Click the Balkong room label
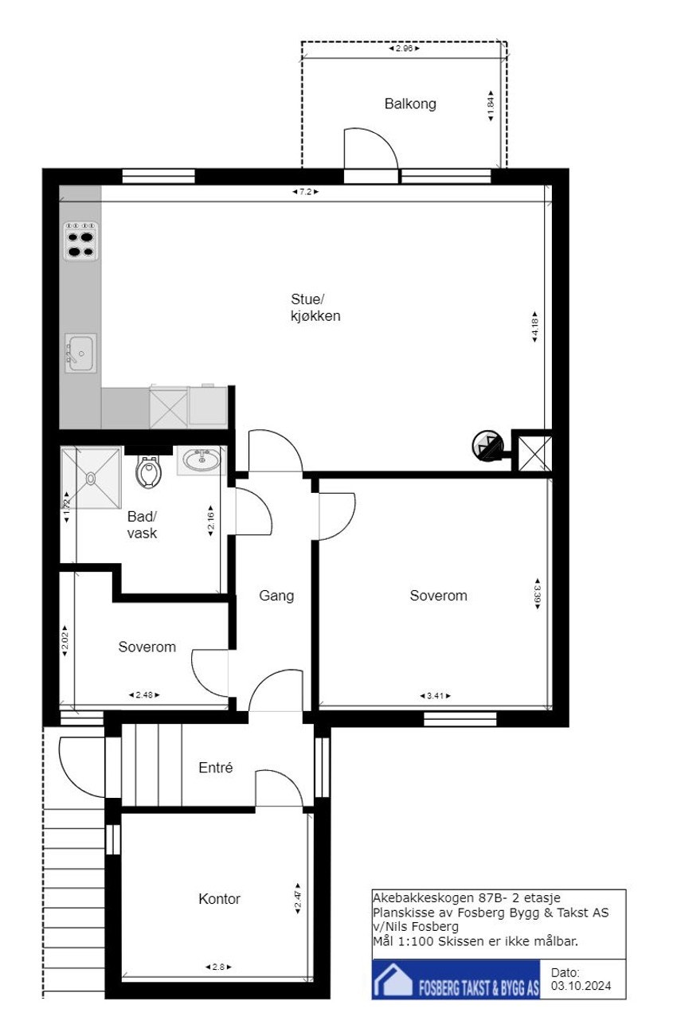pos(410,104)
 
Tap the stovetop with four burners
pos(81,241)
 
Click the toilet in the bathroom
pos(148,472)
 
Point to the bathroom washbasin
pos(201,460)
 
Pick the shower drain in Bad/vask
pos(91,478)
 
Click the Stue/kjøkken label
pos(315,307)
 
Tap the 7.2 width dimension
pos(305,192)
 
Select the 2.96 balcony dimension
pos(404,49)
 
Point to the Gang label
pos(276,595)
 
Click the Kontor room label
pos(219,899)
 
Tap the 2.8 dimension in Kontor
pos(218,967)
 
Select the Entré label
pos(215,768)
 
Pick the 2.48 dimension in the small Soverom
pos(144,695)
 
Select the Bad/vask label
pos(143,524)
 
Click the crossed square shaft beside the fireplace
pos(530,452)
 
